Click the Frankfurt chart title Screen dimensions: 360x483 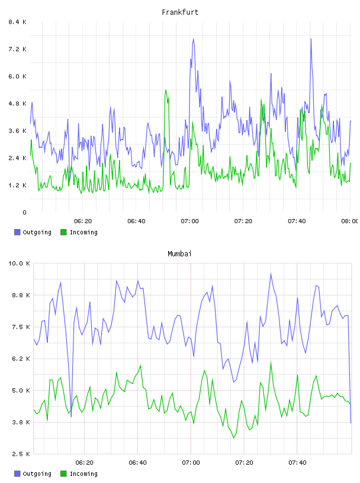coord(180,12)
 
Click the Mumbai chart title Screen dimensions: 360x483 coord(179,253)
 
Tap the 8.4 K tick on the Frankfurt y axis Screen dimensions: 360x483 coord(17,22)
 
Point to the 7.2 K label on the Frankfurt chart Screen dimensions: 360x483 coord(17,49)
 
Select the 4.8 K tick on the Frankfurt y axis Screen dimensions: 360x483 coord(17,104)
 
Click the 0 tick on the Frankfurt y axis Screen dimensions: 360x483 coord(24,212)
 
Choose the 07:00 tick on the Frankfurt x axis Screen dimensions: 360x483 coord(189,221)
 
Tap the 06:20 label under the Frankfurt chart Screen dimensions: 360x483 coord(83,221)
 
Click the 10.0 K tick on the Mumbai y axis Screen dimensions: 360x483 coord(19,263)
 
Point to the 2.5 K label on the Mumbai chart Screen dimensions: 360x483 coord(21,454)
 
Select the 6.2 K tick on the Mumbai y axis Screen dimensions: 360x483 coord(21,359)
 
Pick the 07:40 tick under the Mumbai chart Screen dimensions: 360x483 coord(297,462)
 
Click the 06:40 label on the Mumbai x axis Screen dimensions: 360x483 coord(137,462)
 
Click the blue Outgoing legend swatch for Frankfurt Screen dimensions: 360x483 coord(17,232)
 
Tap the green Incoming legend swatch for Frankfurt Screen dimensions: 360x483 coord(63,232)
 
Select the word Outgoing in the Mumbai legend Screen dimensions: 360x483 coord(37,474)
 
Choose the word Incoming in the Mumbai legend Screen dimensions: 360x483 coord(83,474)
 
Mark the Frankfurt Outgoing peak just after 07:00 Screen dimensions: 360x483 coord(193,39)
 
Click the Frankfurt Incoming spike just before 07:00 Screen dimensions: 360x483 coord(166,90)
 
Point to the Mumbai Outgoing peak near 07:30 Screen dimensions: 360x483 coord(271,273)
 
